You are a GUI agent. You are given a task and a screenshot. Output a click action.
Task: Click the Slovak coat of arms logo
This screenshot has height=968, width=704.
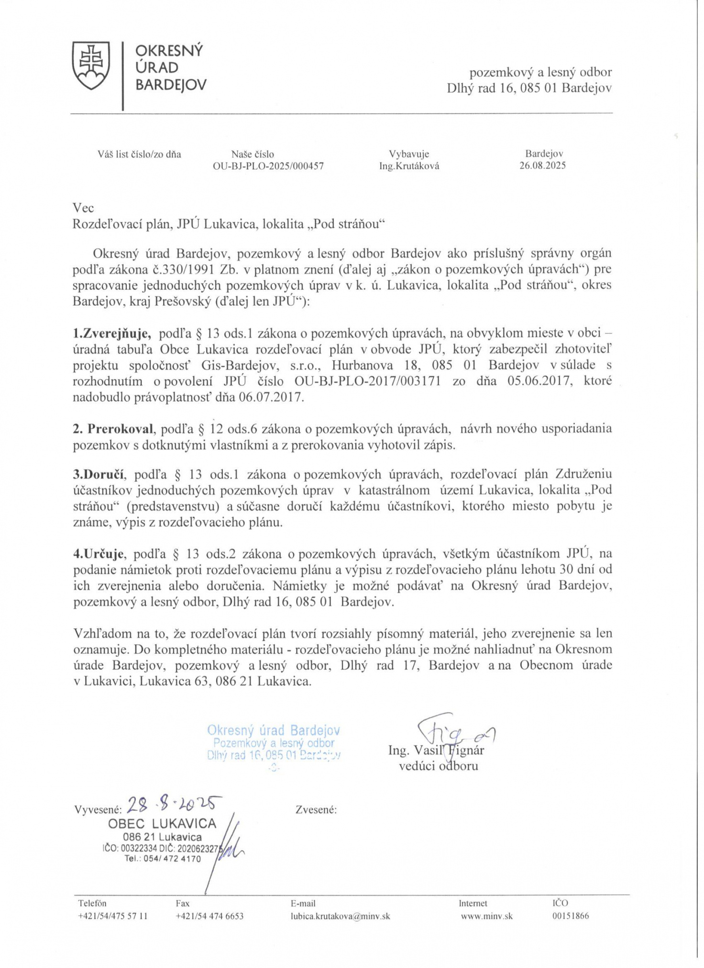click(x=91, y=66)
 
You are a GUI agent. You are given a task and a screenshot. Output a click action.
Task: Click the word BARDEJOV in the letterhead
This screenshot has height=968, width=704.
click(x=171, y=86)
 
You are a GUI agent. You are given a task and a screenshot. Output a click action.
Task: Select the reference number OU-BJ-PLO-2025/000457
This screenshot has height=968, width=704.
click(x=268, y=166)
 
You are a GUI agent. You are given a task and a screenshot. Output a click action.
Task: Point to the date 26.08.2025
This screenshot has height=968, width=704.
click(x=542, y=165)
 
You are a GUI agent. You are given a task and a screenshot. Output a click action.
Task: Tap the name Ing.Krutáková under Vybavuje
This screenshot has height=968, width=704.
click(x=409, y=166)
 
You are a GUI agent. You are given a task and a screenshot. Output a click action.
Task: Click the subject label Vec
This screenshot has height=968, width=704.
click(x=83, y=208)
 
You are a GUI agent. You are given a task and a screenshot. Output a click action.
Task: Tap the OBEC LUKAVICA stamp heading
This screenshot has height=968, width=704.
click(x=162, y=824)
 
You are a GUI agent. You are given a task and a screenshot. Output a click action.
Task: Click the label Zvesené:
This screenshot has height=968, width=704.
click(x=316, y=810)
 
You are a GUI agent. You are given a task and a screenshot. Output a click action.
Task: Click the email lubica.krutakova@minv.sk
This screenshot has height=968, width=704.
click(x=340, y=916)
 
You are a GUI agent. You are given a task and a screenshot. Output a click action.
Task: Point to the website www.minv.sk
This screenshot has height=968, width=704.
click(x=486, y=916)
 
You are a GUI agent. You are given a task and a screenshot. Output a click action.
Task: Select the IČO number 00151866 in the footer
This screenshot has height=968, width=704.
click(x=570, y=916)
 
